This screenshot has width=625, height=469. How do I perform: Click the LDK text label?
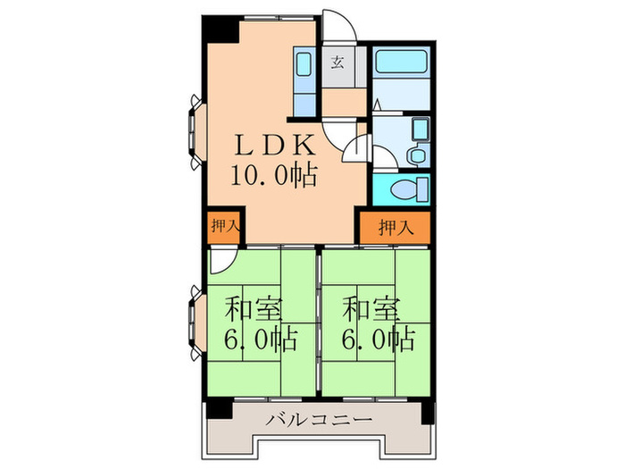coord(273,146)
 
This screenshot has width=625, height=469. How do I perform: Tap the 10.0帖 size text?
coord(273,175)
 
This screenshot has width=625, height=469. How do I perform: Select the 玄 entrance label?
coord(338,63)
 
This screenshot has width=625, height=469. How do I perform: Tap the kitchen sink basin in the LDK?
coord(303,65)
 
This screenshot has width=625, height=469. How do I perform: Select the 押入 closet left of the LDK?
coord(225,227)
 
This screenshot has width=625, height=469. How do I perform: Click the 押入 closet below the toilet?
coord(395,228)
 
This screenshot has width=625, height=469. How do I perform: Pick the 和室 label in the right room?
coord(371,309)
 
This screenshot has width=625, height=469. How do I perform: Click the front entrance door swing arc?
coord(339,27)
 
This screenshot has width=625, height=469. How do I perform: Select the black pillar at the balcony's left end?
coord(220,412)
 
